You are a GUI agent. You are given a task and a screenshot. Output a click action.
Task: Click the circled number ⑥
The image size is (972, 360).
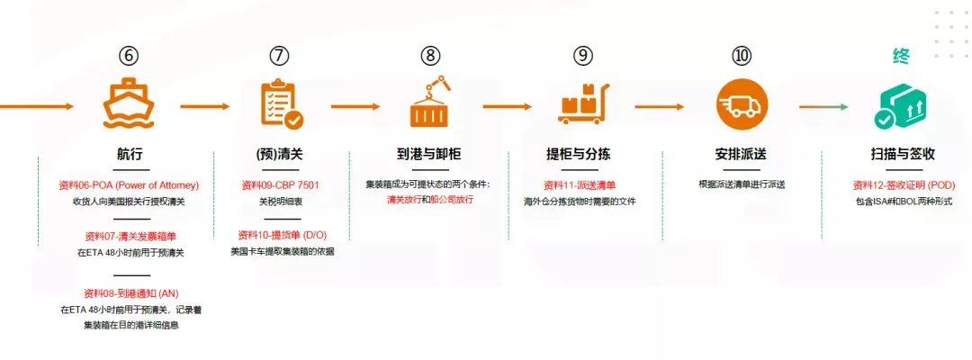tap(129, 56)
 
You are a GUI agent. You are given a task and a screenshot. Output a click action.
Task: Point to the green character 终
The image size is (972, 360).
tap(901, 56)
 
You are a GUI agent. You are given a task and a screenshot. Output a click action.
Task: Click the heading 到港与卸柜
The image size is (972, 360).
tap(430, 154)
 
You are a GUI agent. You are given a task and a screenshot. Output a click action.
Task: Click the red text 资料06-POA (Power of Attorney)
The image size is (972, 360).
tap(129, 185)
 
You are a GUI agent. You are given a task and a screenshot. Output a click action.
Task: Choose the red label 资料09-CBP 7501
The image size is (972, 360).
tap(280, 185)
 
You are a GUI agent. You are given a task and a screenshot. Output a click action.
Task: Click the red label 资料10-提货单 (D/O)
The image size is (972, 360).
tap(280, 235)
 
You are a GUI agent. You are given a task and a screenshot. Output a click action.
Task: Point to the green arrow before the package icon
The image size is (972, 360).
tap(823, 106)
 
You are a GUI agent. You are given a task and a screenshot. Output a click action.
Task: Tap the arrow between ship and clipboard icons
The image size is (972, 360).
tap(204, 106)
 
